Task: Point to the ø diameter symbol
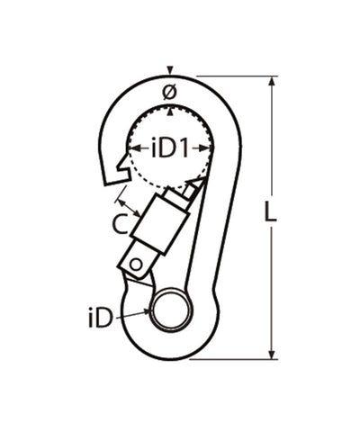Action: [168, 92]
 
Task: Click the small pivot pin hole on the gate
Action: [135, 264]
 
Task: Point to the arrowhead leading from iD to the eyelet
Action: [146, 312]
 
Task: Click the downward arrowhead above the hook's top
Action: [169, 71]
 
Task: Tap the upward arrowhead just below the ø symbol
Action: [169, 109]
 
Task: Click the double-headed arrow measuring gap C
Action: [127, 202]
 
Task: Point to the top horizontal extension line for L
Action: [234, 76]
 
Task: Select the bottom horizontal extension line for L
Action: [234, 359]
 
